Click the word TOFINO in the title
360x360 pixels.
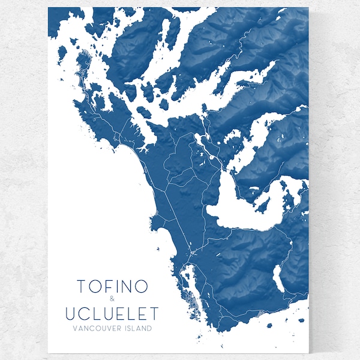pos(112,287)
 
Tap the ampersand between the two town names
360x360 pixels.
pos(112,300)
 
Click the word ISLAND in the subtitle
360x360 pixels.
pos(136,328)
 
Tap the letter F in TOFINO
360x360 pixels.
pos(106,287)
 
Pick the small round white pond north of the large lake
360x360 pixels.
pos(212,157)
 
